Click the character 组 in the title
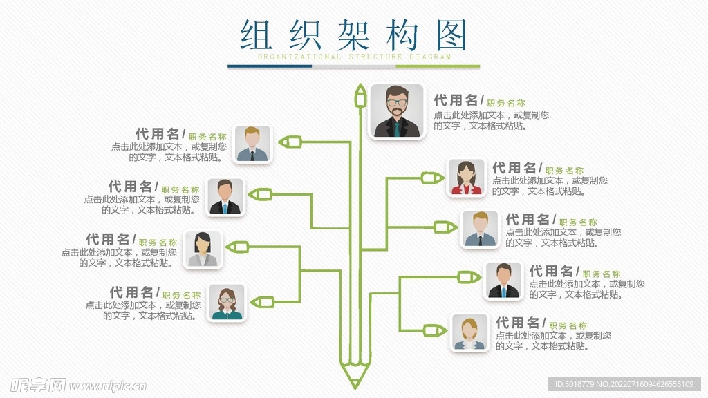(x=257, y=35)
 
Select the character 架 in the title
(x=354, y=35)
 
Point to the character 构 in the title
(x=402, y=35)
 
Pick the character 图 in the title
(x=451, y=35)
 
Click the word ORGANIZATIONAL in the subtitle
(x=299, y=57)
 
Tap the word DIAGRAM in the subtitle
(x=430, y=57)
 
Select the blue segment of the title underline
(x=270, y=66)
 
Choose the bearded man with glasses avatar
(x=396, y=111)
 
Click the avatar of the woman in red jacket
(x=467, y=178)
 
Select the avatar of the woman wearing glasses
(x=227, y=303)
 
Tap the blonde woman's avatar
(x=469, y=332)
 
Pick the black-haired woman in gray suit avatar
(x=203, y=249)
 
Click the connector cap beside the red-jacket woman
(x=433, y=178)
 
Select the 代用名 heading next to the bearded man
(x=456, y=101)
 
